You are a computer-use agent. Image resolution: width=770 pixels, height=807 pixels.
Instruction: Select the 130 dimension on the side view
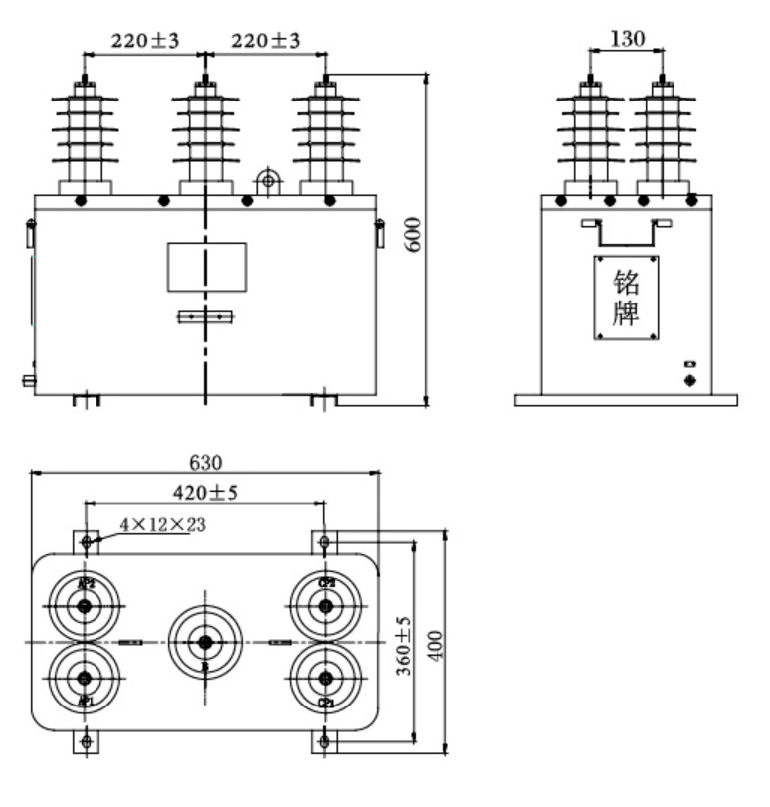pos(628,39)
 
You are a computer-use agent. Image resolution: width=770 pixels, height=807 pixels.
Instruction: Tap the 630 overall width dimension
pos(207,462)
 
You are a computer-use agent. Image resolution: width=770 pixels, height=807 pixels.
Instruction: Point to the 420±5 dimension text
pos(206,493)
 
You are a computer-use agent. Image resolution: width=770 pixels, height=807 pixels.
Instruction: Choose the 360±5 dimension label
pos(401,644)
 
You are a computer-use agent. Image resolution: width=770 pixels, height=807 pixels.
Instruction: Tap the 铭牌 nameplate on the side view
pos(627,298)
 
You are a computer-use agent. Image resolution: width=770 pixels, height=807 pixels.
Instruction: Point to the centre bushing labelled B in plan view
pos(204,642)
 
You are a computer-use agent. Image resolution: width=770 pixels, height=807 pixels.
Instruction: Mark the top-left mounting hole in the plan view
pos(87,542)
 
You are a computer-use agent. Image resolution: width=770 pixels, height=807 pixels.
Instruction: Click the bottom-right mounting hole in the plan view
pos(324,742)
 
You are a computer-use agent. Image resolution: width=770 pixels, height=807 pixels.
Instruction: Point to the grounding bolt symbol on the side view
pos(689,381)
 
